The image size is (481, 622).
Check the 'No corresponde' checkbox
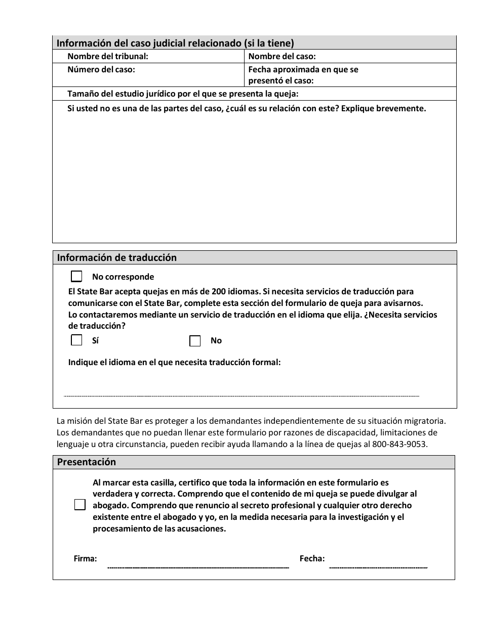(76, 277)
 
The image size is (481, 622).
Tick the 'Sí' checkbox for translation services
(76, 340)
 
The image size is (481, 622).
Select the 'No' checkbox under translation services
(195, 341)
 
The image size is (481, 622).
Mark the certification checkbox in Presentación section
(80, 505)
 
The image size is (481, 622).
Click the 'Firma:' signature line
(198, 566)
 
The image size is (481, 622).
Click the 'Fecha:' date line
(378, 566)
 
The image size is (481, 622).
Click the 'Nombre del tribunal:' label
(108, 57)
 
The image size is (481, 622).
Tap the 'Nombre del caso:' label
(282, 57)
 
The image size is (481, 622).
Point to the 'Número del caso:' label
(101, 70)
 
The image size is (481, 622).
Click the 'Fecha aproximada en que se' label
(303, 70)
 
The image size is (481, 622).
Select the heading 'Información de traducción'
(117, 258)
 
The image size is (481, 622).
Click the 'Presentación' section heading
(87, 462)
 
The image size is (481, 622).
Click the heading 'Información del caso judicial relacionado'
(175, 43)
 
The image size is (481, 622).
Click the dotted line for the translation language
(242, 395)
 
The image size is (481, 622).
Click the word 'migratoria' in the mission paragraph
(427, 420)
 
